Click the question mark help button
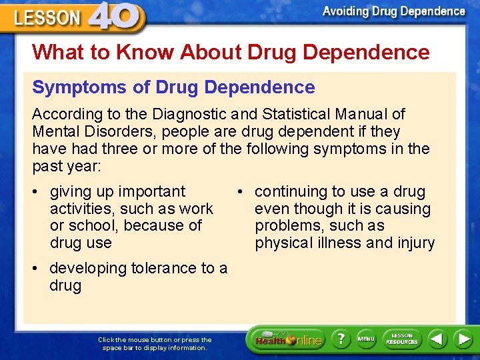tap(341, 339)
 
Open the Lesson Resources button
tap(402, 339)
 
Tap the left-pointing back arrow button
tap(437, 339)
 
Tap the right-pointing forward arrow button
tap(463, 339)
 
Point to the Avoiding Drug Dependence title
tap(393, 11)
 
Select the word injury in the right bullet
tap(415, 243)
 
